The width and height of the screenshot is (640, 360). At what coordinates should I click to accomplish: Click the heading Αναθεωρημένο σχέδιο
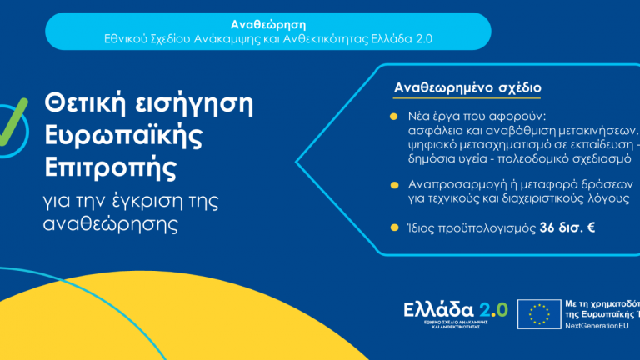(x=467, y=87)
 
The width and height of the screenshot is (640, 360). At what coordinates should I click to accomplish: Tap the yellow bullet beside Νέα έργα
(x=393, y=116)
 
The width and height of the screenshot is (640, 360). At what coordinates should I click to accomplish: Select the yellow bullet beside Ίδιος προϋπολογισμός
(x=393, y=226)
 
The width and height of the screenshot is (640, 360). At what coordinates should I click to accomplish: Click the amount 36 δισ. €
(x=566, y=227)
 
